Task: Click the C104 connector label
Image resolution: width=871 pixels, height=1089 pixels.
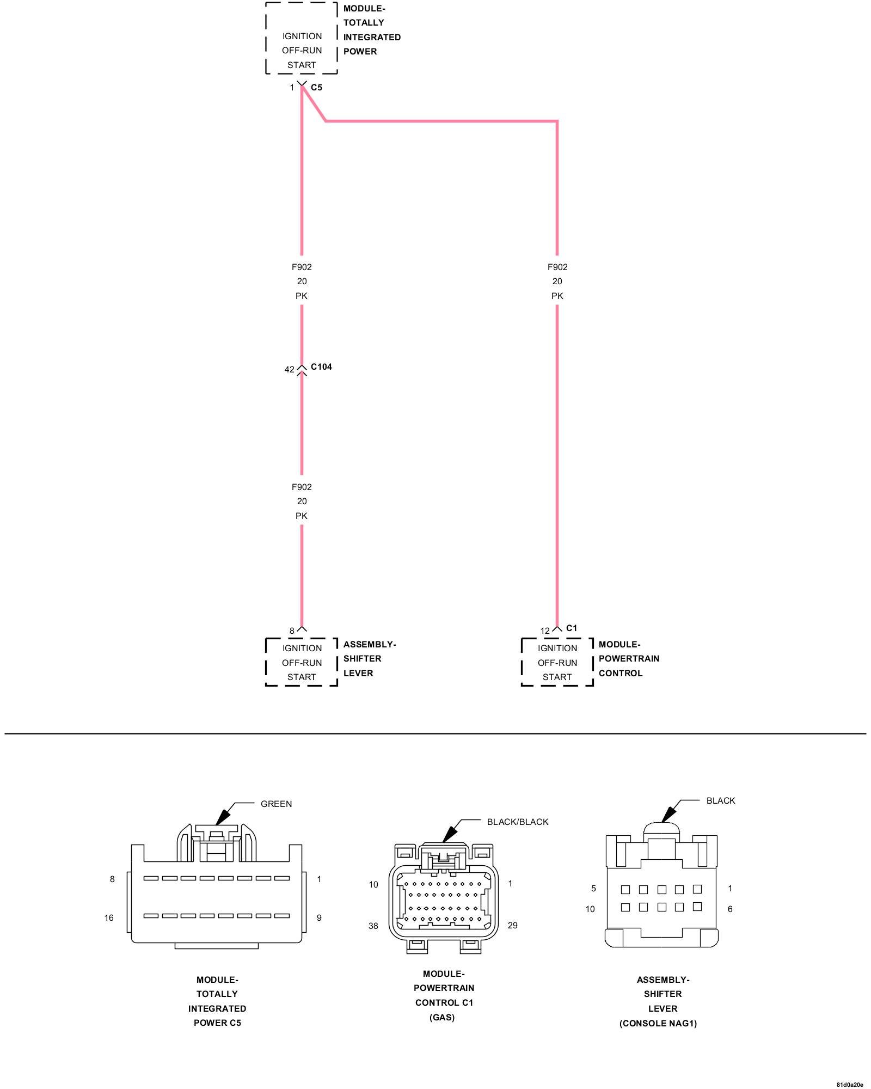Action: coord(321,367)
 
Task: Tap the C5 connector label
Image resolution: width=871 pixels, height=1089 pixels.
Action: coord(316,87)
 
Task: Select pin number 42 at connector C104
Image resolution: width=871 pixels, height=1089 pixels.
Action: coord(289,370)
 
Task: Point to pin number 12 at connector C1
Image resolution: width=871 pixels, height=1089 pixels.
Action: coord(545,631)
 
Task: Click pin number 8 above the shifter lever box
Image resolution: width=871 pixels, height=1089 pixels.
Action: coord(292,631)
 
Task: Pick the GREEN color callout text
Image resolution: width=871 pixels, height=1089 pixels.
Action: coord(276,804)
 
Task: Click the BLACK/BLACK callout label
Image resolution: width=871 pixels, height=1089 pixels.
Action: coord(517,822)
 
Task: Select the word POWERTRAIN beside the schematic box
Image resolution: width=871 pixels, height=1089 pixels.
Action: coord(629,659)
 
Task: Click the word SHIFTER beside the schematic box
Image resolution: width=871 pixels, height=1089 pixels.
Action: coord(362,659)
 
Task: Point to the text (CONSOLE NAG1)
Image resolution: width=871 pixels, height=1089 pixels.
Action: coord(658,1024)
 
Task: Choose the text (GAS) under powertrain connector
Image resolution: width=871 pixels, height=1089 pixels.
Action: coord(441,1018)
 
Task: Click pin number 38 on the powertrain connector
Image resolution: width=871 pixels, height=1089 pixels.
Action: coord(373,926)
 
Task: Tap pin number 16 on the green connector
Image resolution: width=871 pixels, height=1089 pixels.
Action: coord(109,918)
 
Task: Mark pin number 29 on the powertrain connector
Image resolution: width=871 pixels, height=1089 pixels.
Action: coord(512,926)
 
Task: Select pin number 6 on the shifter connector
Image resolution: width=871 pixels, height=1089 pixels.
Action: coord(730,909)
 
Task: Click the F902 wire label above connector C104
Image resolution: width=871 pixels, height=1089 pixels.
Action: coord(302,267)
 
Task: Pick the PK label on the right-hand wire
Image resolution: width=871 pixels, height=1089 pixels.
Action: coord(557,296)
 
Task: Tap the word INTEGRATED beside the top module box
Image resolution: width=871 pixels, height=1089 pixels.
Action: coord(372,38)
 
